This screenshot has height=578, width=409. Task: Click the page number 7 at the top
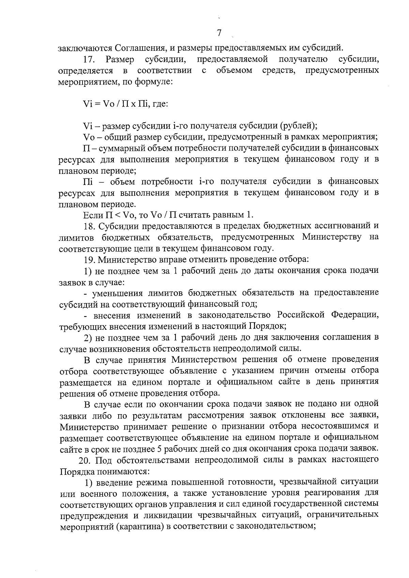click(219, 33)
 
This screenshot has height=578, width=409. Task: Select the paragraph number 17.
click(90, 60)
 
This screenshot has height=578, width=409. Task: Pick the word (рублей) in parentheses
click(298, 126)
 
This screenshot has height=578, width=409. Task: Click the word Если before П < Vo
click(93, 215)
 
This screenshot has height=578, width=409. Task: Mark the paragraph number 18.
click(90, 226)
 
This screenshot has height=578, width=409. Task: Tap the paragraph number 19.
click(90, 259)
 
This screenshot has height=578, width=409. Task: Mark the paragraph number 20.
click(85, 460)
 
